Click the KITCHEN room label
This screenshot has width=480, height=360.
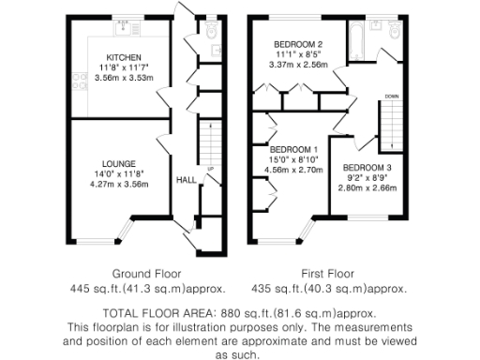pos(124,56)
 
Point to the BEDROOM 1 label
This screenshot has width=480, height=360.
pos(294,150)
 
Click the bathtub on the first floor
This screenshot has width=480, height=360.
pos(361,38)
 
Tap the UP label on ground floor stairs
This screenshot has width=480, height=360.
pos(210,170)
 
